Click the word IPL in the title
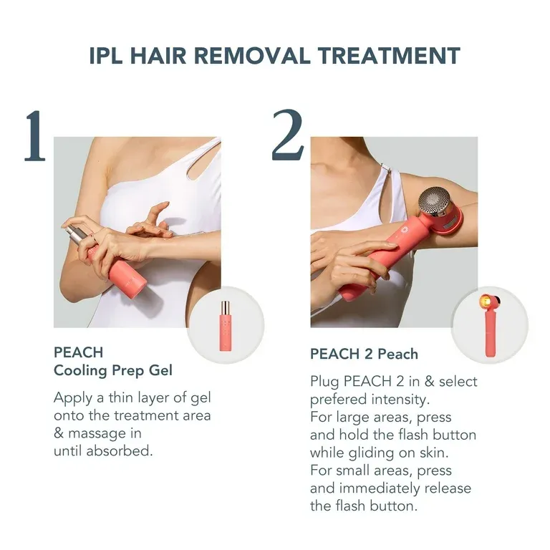pyautogui.click(x=106, y=56)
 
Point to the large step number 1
pyautogui.click(x=35, y=135)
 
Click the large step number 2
pyautogui.click(x=288, y=135)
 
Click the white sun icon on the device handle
pyautogui.click(x=405, y=230)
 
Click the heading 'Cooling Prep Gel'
pyautogui.click(x=113, y=370)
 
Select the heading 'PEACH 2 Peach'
pyautogui.click(x=364, y=354)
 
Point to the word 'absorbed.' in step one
pyautogui.click(x=120, y=450)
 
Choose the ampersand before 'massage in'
pyautogui.click(x=59, y=433)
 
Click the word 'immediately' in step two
pyautogui.click(x=380, y=488)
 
